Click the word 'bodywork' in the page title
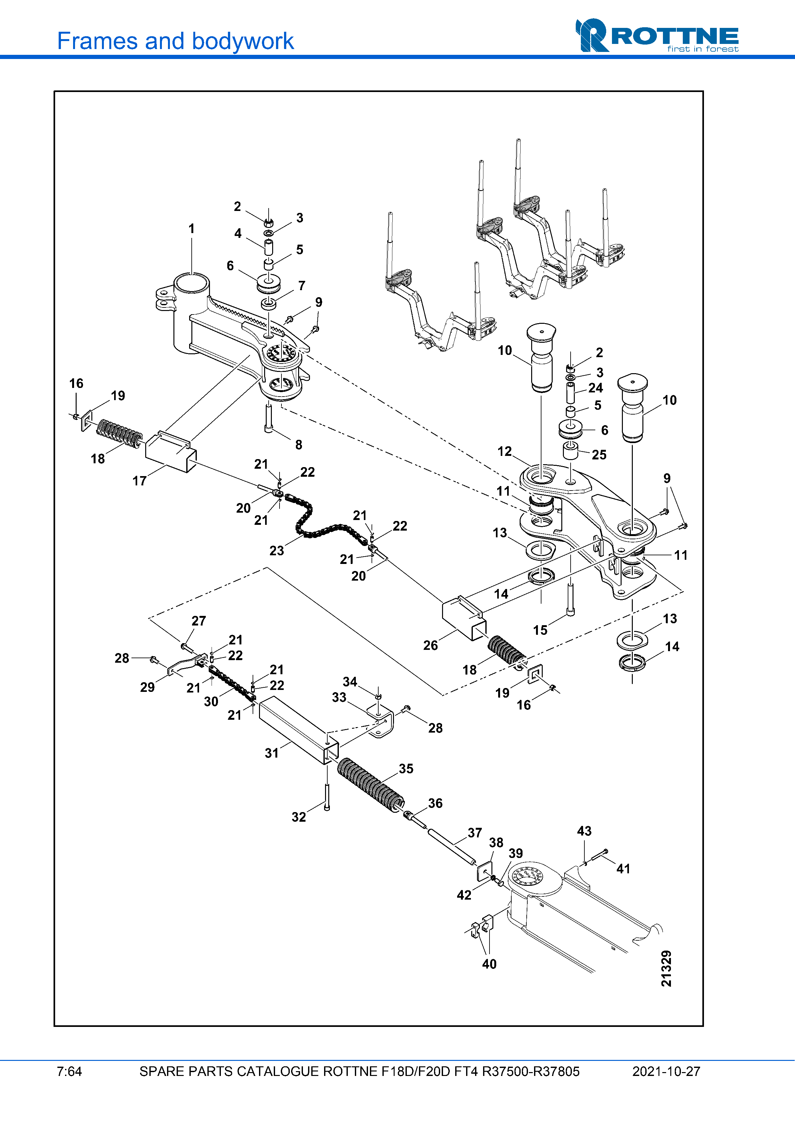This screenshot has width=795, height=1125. [243, 41]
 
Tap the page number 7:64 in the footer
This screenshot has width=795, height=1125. [69, 1071]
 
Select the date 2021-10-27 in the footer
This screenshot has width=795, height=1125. [666, 1071]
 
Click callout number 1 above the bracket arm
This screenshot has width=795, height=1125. [191, 229]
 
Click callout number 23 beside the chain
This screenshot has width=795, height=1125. [276, 551]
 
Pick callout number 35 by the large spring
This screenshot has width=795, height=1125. [406, 769]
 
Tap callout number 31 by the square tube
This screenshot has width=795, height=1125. [272, 753]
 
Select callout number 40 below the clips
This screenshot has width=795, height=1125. [490, 964]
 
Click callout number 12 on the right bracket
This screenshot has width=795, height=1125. [505, 451]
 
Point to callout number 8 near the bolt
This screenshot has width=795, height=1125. [299, 445]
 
